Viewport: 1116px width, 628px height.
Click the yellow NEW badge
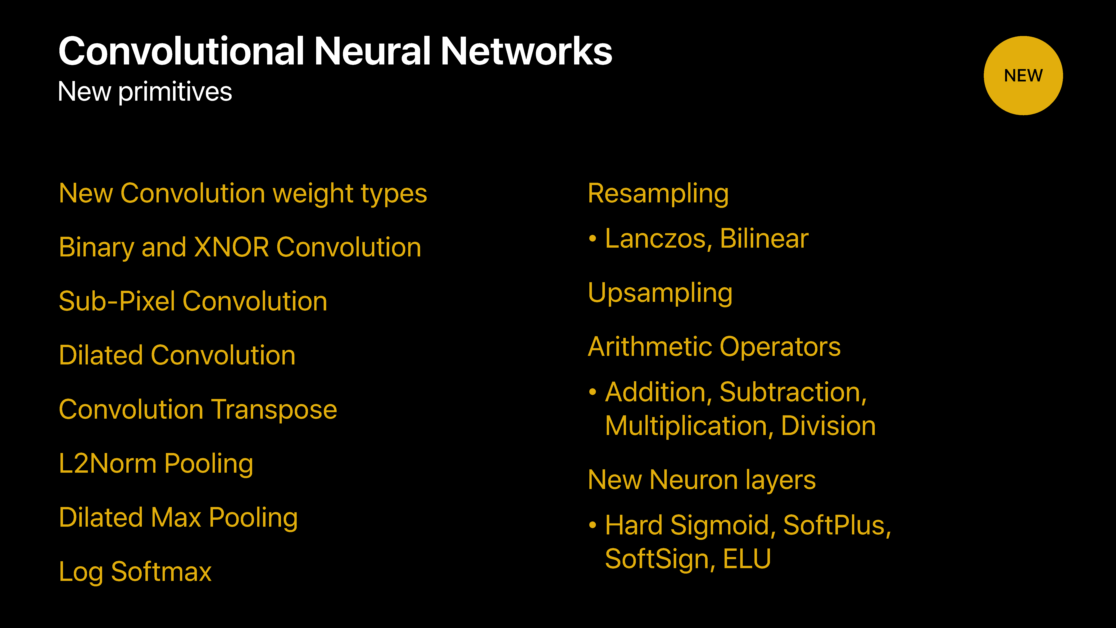1023,75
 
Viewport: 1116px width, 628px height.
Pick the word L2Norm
108,463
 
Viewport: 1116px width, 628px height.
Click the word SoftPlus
837,525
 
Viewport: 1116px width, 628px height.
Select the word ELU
747,559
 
